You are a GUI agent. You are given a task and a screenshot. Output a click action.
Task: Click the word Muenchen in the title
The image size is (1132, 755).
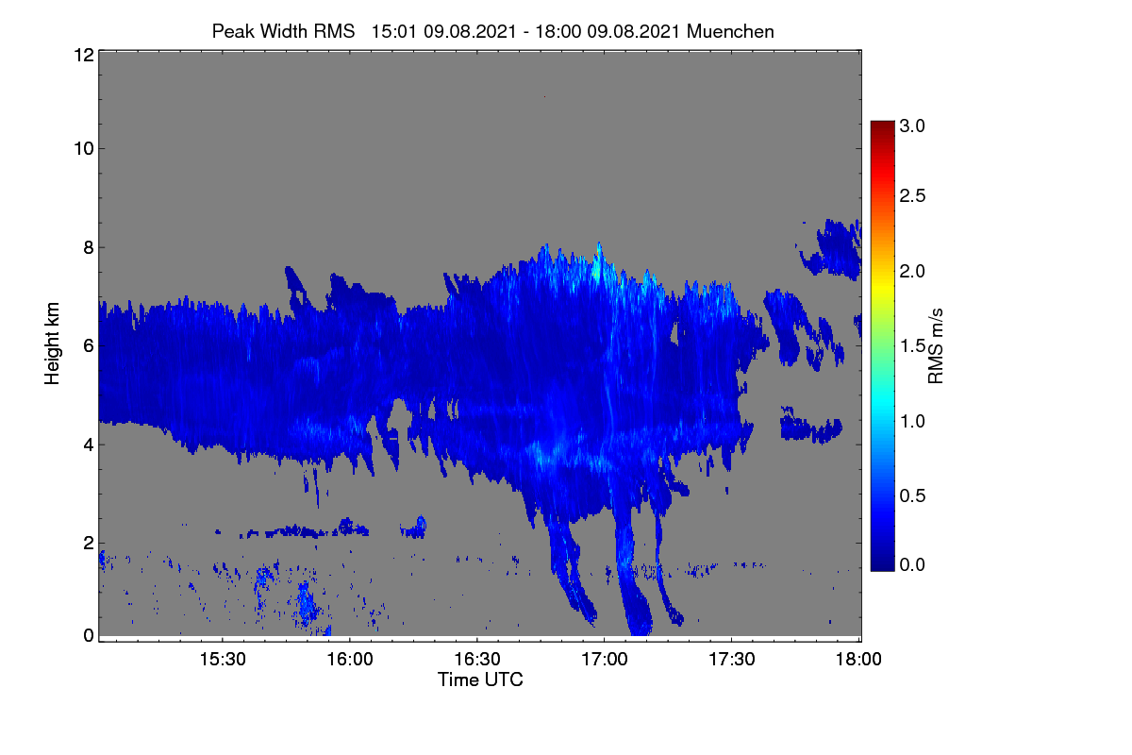pyautogui.click(x=730, y=31)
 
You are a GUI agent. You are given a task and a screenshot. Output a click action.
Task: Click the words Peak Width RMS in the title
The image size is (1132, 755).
pyautogui.click(x=283, y=31)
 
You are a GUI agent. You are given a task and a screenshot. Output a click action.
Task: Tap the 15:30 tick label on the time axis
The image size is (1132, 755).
pyautogui.click(x=223, y=659)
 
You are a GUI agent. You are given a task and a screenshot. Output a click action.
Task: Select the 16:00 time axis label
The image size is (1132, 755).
pyautogui.click(x=350, y=659)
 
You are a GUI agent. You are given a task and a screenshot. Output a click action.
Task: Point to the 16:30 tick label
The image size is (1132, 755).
pyautogui.click(x=477, y=659)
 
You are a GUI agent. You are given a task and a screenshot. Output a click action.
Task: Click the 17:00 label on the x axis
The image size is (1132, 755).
pyautogui.click(x=605, y=659)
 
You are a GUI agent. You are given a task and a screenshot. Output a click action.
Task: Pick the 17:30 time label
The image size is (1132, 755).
pyautogui.click(x=732, y=659)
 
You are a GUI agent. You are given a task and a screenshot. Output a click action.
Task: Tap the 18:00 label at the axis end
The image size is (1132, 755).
pyautogui.click(x=858, y=659)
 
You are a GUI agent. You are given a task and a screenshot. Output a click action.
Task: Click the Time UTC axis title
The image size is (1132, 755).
pyautogui.click(x=480, y=679)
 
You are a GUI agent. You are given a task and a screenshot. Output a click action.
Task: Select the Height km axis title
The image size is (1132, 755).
pyautogui.click(x=52, y=344)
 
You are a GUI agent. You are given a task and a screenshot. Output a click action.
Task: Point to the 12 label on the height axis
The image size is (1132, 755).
pyautogui.click(x=84, y=55)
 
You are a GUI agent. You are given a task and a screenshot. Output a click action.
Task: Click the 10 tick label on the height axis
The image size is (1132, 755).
pyautogui.click(x=84, y=149)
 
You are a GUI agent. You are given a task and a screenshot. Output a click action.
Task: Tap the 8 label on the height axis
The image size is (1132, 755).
pyautogui.click(x=89, y=247)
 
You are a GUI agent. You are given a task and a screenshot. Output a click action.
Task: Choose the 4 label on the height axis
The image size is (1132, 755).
pyautogui.click(x=89, y=445)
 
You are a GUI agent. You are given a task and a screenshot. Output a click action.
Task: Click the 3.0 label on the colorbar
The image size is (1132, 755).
pyautogui.click(x=912, y=126)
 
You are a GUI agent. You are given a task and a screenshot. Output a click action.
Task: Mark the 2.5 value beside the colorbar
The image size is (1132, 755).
pyautogui.click(x=912, y=195)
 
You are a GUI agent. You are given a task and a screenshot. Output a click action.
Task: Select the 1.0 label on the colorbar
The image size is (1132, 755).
pyautogui.click(x=912, y=421)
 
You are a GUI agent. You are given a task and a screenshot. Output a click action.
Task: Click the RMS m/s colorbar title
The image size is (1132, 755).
pyautogui.click(x=936, y=346)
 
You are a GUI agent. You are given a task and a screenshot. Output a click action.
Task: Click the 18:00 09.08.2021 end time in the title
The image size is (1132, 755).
pyautogui.click(x=608, y=31)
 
